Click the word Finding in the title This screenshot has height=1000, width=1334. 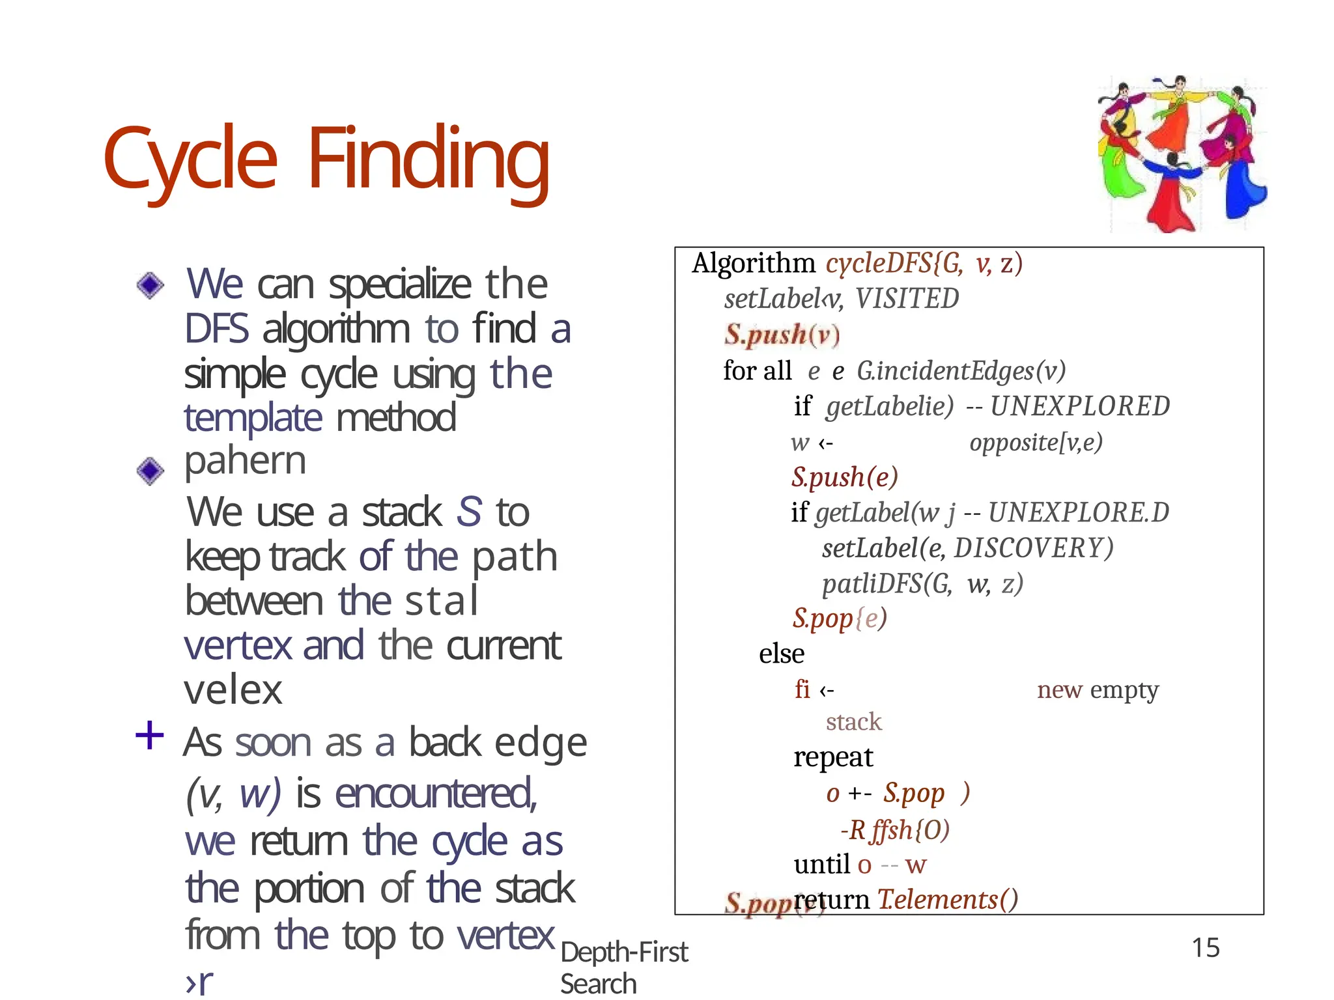tap(429, 160)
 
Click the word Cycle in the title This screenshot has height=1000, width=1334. tap(190, 160)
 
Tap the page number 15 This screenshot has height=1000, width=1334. tap(1205, 948)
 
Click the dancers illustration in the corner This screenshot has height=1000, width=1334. tap(1182, 154)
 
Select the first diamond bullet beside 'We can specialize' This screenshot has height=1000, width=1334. tap(150, 285)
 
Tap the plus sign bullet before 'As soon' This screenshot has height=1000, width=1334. tap(149, 736)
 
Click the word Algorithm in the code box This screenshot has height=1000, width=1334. tap(753, 264)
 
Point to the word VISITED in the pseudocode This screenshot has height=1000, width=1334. tap(907, 299)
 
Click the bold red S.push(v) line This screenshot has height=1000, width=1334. tap(782, 335)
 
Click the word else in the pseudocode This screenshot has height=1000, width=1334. tap(781, 654)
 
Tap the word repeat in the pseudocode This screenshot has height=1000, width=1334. tap(832, 757)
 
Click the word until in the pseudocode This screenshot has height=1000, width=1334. tap(822, 865)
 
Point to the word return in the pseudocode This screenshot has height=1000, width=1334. tap(832, 900)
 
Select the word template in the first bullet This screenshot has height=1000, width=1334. tap(253, 418)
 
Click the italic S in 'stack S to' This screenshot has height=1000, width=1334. tap(469, 512)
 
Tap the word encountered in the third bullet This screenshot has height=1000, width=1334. tap(436, 794)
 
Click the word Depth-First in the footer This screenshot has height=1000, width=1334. tap(624, 952)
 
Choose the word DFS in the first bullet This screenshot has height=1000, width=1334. tap(216, 329)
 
